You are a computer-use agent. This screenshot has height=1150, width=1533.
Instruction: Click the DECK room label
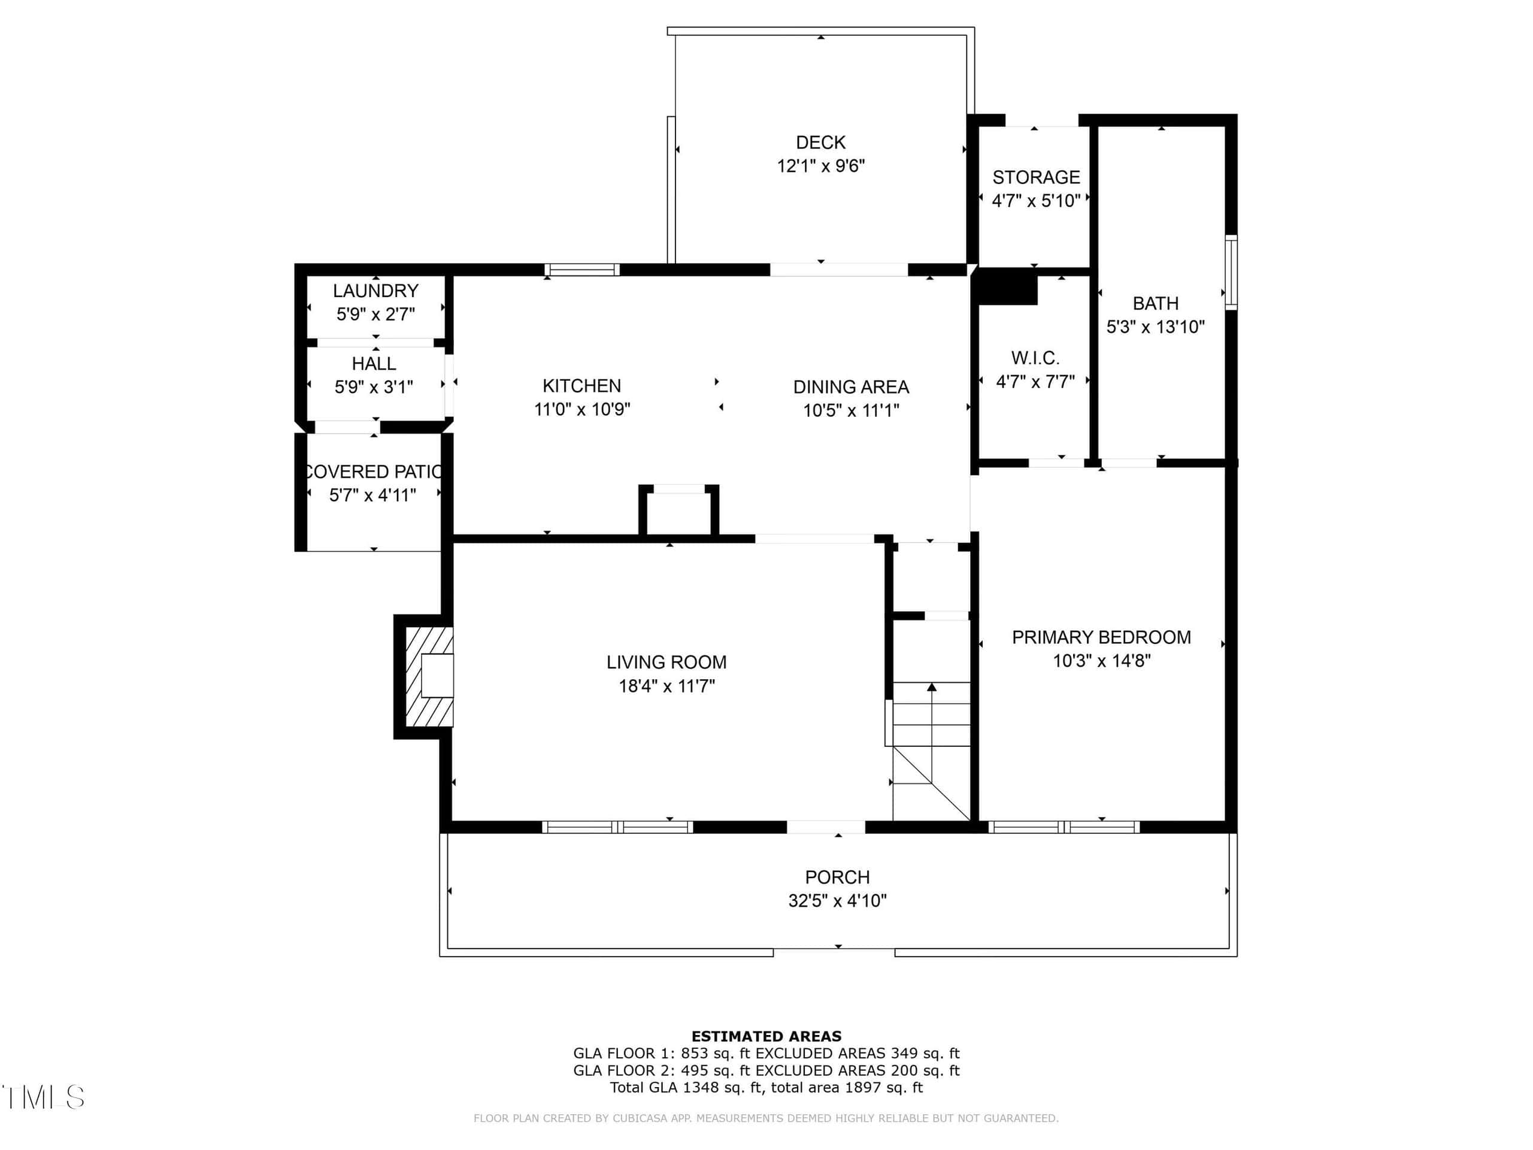pos(820,142)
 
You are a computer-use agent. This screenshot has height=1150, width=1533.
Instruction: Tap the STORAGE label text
pos(1036,177)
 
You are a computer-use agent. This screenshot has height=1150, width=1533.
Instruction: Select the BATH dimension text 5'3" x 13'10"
pos(1155,326)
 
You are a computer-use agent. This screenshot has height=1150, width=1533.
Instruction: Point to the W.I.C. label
pos(1035,358)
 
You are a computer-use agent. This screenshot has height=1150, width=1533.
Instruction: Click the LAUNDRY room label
pos(375,290)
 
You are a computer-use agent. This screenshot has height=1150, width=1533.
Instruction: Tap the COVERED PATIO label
pos(373,471)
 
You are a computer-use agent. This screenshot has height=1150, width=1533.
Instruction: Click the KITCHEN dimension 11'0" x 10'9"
pos(582,409)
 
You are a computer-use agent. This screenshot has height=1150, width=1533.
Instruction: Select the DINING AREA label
pos(851,387)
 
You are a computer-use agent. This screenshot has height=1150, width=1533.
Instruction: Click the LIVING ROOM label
pos(666,662)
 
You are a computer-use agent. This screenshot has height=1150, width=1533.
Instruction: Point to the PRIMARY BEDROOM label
pos(1101,637)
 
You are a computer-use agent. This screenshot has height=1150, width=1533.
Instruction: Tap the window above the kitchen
pos(582,270)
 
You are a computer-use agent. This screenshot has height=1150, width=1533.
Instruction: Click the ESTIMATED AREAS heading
pos(766,1036)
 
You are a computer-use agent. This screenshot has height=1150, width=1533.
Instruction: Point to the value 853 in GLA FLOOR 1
pos(695,1054)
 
